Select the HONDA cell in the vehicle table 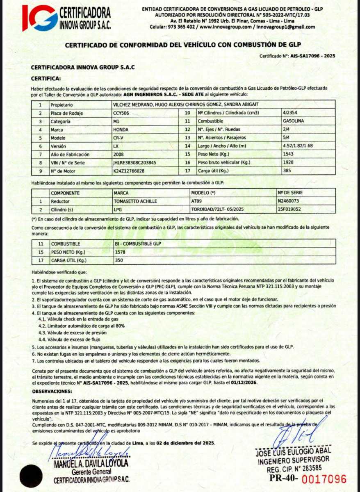click(x=120, y=130)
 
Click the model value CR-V click(x=118, y=138)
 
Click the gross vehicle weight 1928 click(x=288, y=163)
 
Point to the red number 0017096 click(x=324, y=478)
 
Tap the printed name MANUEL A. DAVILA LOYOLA click(x=91, y=464)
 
